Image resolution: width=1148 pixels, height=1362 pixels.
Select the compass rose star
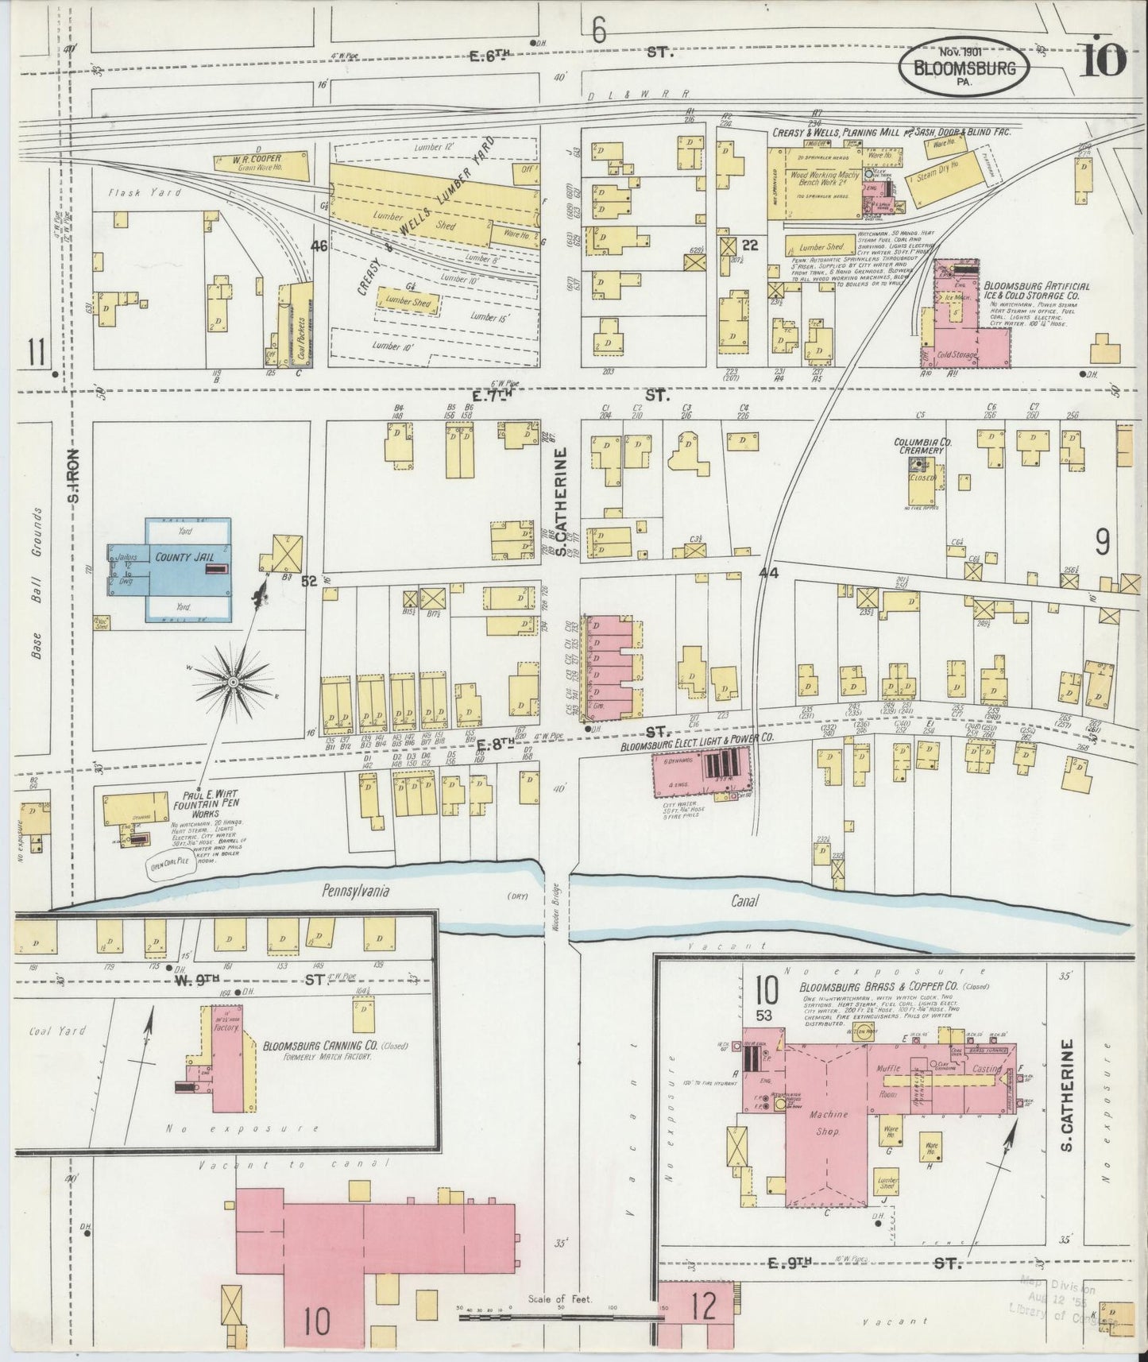click(234, 682)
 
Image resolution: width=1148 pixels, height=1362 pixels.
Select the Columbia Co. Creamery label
click(918, 446)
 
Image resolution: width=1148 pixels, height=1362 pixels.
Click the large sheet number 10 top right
click(1102, 60)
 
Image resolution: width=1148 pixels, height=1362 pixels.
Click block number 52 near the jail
click(309, 582)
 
